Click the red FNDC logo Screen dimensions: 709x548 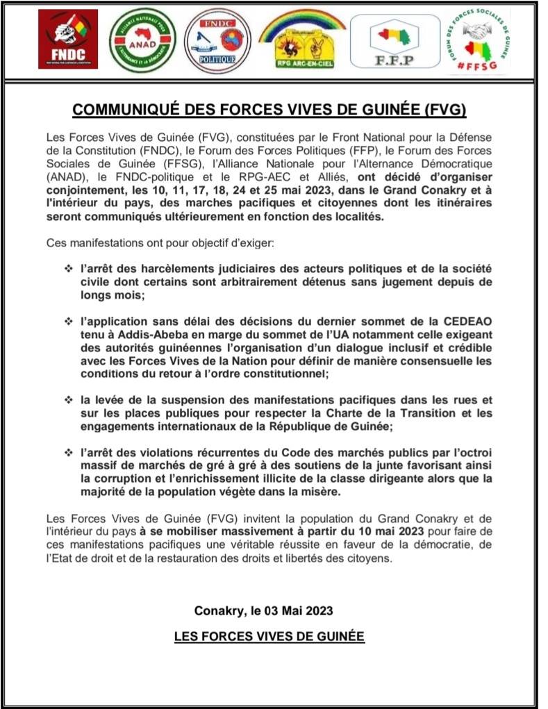pos(67,39)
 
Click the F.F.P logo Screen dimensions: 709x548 pos(393,40)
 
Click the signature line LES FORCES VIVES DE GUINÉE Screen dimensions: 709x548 pos(269,636)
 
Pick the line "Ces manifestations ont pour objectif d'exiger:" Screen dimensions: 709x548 pos(159,243)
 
